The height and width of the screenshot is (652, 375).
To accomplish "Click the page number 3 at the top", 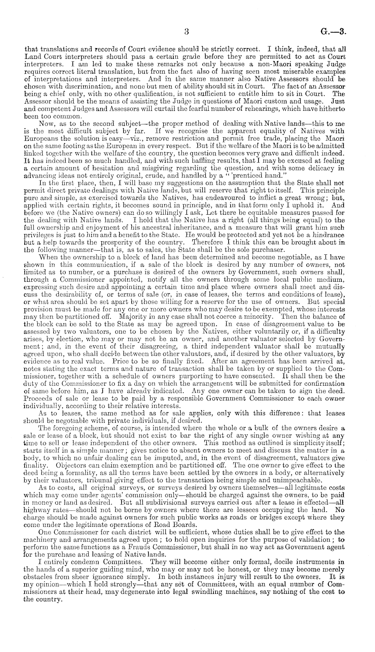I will point(187,32).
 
